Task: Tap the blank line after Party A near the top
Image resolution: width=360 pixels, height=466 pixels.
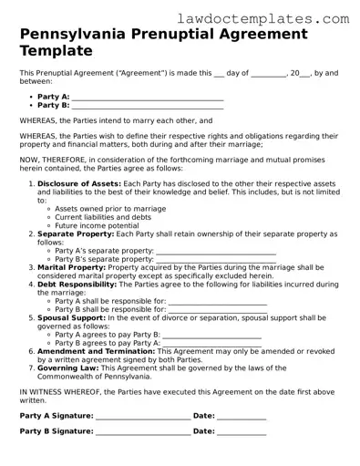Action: (147, 95)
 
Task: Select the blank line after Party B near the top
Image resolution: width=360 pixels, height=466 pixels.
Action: (147, 105)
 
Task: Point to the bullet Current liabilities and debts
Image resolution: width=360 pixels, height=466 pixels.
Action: (102, 216)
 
